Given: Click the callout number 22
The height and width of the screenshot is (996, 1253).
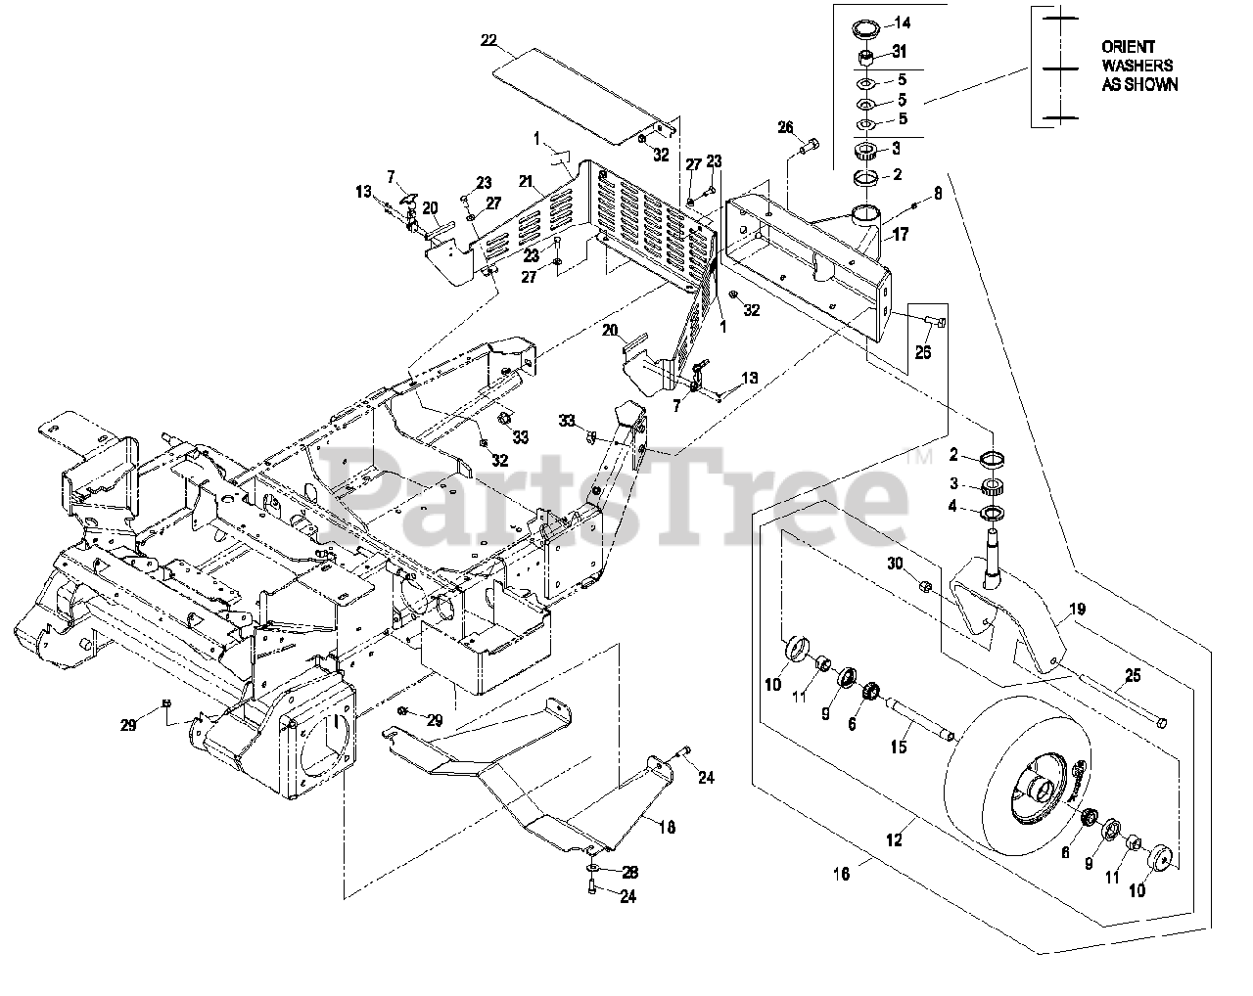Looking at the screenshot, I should pos(488,41).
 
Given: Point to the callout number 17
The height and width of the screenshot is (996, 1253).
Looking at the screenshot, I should pos(901,235).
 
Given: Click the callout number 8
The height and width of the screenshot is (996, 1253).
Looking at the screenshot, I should pos(937,194).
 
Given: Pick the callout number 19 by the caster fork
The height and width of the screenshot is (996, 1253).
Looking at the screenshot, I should pos(1077,609).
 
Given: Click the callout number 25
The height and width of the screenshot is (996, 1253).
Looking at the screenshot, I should pos(1133,674).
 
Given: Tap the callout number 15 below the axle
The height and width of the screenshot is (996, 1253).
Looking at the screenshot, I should pos(898,747).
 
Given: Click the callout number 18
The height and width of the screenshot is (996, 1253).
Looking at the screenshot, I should pos(667,827).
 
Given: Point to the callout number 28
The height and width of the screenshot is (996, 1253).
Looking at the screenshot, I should pos(629,872).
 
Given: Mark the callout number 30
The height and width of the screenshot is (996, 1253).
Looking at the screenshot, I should pos(895,563).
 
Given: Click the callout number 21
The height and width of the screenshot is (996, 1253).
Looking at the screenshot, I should pos(526,181).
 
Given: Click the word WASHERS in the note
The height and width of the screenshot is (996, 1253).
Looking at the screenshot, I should pos(1139,66).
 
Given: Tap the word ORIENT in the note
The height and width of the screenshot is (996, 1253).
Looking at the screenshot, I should pos(1129,46).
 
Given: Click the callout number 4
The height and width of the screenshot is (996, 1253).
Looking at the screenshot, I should pos(951,506).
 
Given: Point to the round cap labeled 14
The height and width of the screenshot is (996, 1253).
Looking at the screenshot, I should pos(866,25).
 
